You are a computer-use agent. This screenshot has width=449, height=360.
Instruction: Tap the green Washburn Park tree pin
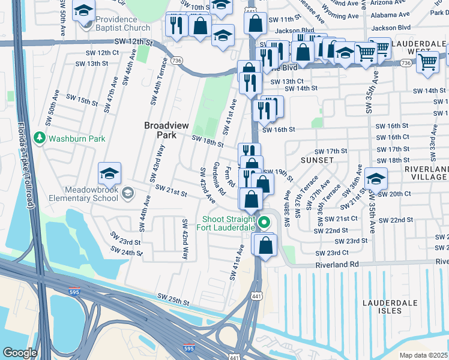coord(40,139)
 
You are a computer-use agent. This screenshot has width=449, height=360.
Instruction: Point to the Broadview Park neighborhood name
coord(160,130)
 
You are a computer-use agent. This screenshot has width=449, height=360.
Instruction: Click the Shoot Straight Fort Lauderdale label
coord(229,223)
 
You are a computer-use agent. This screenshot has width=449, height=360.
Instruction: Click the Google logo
coord(20,353)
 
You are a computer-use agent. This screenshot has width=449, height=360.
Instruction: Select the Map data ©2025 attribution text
coord(423,355)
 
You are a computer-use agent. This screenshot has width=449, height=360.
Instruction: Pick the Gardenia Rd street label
coord(218,178)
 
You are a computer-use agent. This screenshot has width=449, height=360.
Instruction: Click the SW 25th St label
coord(173,298)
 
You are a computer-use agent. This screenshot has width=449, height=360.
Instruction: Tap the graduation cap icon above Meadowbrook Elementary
coord(109,174)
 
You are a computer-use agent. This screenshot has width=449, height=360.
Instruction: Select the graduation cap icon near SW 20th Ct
coord(376,179)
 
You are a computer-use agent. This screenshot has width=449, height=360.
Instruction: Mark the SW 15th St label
coord(82,99)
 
